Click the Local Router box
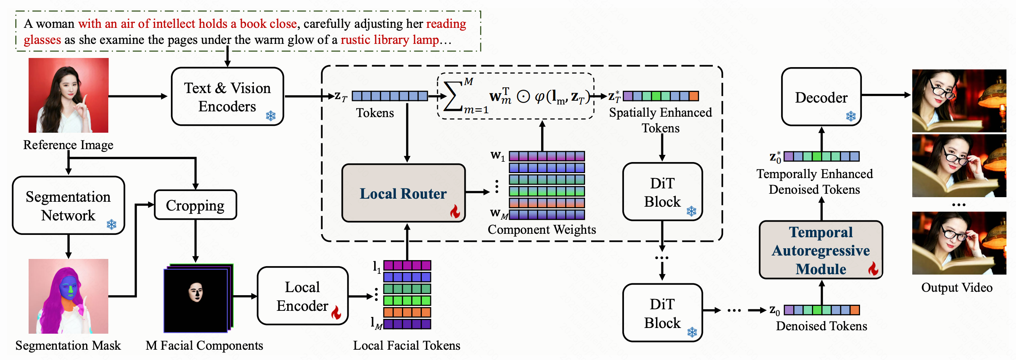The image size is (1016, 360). [x=403, y=193]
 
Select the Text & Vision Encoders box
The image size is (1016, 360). [x=227, y=96]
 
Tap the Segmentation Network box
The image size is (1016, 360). [x=68, y=206]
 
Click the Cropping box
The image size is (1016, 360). [x=195, y=205]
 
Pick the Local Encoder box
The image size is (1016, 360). [x=302, y=296]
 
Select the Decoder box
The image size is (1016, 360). [x=821, y=97]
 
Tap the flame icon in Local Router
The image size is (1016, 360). [x=455, y=211]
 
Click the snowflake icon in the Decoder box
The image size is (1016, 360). [x=851, y=116]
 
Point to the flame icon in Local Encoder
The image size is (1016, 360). [x=336, y=312]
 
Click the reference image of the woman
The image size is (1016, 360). [x=68, y=95]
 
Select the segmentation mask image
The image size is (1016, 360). [x=68, y=296]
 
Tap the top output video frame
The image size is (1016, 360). [x=959, y=101]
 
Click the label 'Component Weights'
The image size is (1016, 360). [x=542, y=230]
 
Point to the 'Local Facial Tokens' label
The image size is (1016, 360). [x=406, y=346]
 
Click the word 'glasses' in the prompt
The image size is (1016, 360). [x=42, y=40]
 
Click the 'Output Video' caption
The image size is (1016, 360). [x=957, y=288]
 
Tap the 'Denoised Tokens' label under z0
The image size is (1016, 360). [x=821, y=326]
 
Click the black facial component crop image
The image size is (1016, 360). [x=196, y=300]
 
